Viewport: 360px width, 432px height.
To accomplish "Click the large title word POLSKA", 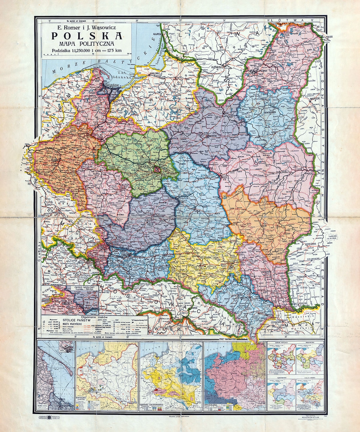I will (86, 36).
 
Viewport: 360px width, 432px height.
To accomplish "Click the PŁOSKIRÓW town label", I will (305, 276).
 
